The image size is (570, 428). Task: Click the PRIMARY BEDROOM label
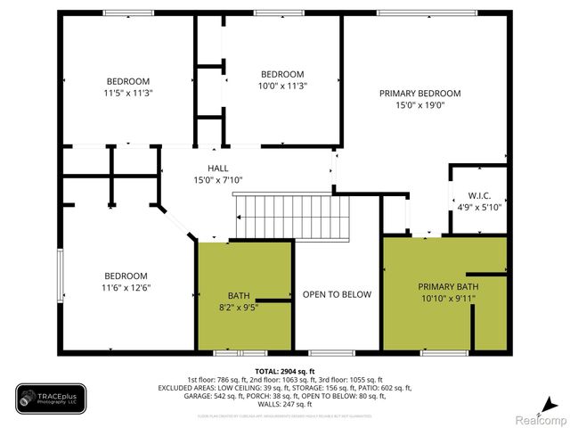(x=419, y=93)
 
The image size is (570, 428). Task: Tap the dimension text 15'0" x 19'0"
(x=419, y=104)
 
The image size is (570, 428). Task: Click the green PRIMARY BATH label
(x=448, y=286)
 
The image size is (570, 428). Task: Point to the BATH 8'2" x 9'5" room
(x=239, y=301)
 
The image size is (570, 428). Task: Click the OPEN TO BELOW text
(x=337, y=294)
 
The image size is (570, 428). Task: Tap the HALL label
(x=218, y=168)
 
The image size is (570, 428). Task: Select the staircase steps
(x=292, y=216)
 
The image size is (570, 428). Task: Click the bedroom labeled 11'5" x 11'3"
(x=129, y=86)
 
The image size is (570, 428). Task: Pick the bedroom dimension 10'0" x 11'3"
(x=282, y=86)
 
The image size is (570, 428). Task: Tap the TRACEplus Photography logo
(x=51, y=398)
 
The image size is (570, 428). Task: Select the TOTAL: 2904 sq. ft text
(x=285, y=371)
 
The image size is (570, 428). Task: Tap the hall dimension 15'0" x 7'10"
(x=218, y=179)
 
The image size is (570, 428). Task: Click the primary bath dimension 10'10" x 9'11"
(x=448, y=298)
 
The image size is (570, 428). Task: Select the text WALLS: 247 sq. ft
(x=285, y=406)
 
